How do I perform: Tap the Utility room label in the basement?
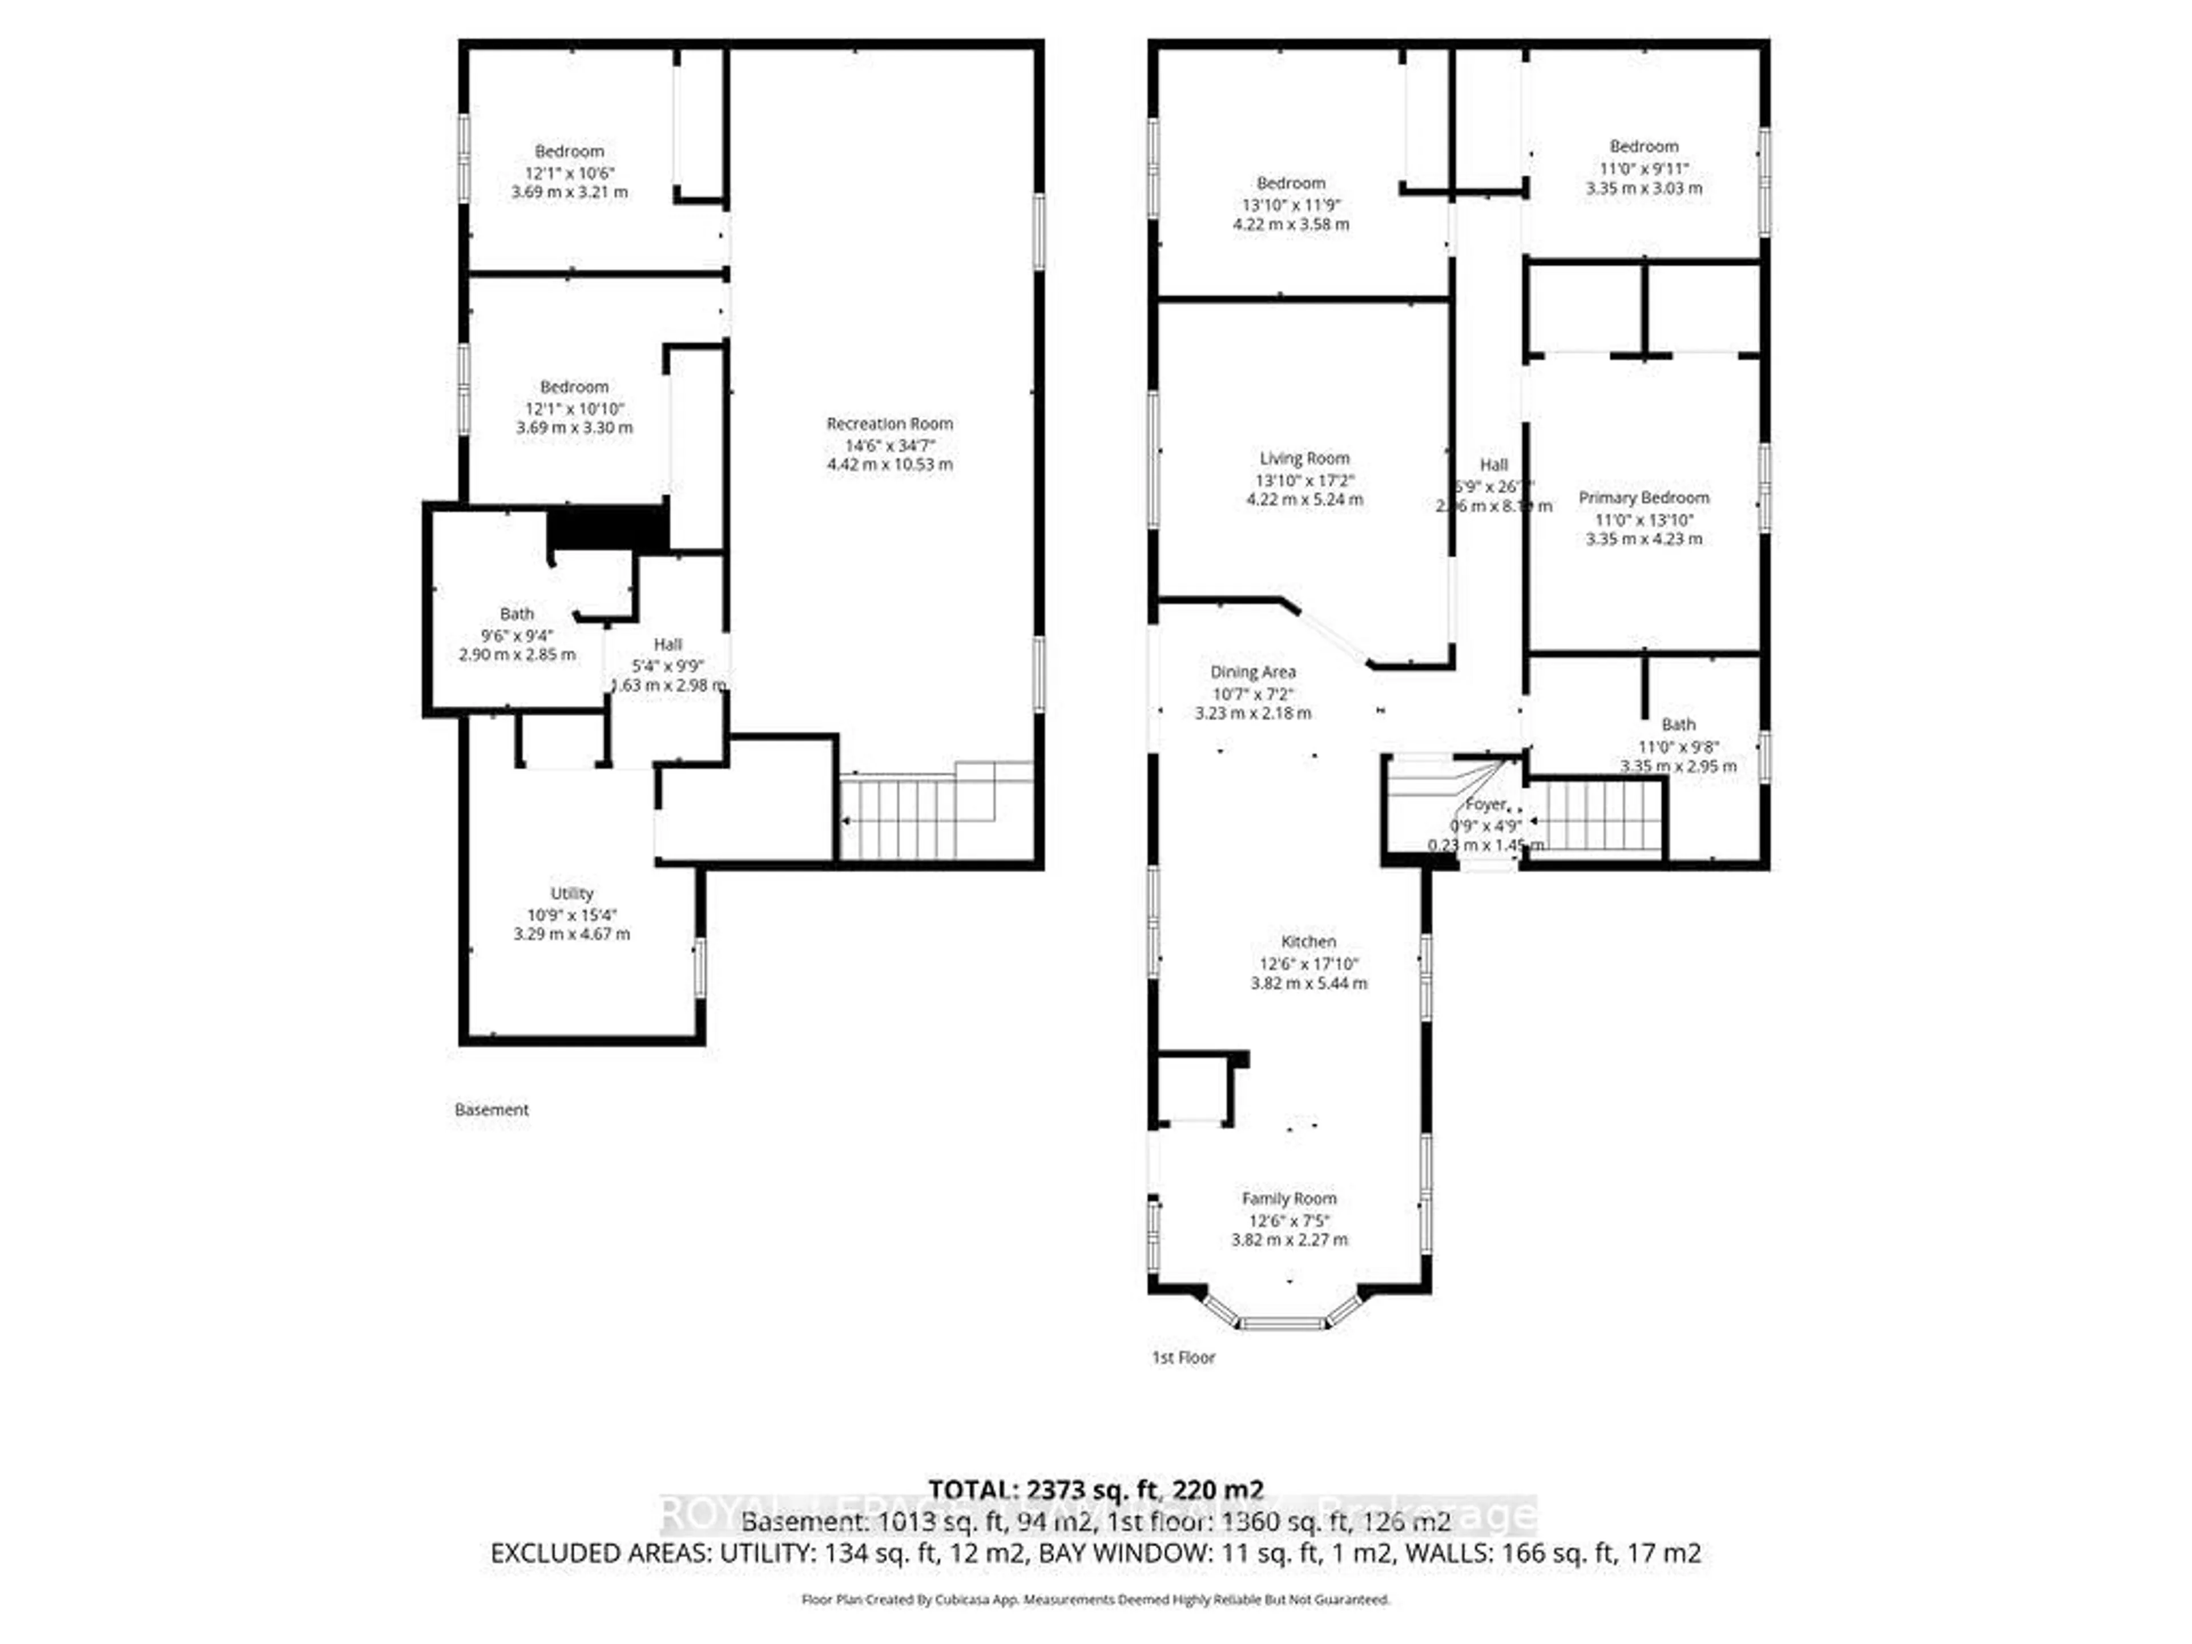[572, 893]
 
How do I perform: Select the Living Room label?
[1304, 458]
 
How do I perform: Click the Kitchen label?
[1308, 941]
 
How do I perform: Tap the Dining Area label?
[1252, 672]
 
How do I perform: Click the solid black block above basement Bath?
[607, 528]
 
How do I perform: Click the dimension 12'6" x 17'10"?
[1308, 963]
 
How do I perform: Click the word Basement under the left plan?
[491, 1110]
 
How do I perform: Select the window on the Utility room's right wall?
[700, 967]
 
